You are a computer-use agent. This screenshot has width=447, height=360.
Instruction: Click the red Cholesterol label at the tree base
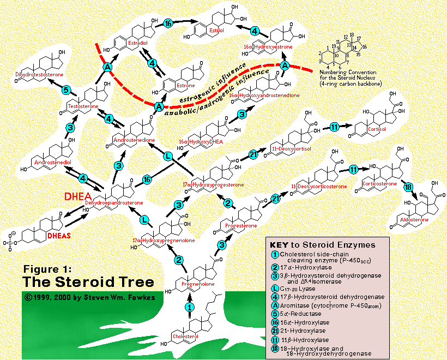(x=185, y=336)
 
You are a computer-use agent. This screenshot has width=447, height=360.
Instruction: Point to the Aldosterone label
(x=414, y=219)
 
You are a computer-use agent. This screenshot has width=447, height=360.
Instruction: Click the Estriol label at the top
(x=216, y=31)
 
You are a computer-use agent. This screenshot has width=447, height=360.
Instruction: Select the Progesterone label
(x=238, y=224)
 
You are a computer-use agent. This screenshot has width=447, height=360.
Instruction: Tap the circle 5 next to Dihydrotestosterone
(x=65, y=90)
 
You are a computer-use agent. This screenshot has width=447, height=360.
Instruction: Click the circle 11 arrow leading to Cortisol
(x=335, y=127)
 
